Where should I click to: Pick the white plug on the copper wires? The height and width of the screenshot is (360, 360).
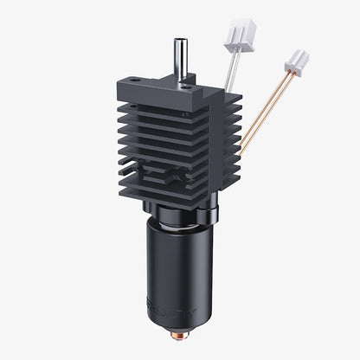tap(296, 61)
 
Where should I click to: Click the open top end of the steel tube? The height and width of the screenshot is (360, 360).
tap(181, 39)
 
